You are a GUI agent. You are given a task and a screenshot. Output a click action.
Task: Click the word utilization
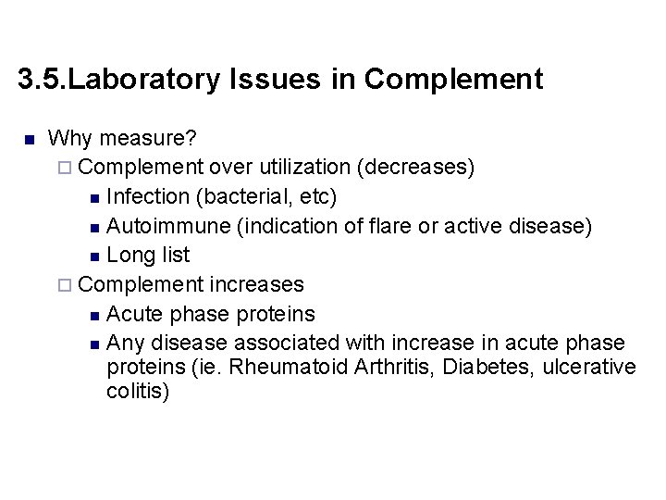coord(305,168)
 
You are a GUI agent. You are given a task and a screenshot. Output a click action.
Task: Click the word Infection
coord(146,197)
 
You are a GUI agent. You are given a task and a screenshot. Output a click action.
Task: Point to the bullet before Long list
coord(98,256)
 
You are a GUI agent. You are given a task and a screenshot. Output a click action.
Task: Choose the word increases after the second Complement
coord(257,284)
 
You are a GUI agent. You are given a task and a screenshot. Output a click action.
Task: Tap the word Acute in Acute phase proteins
coord(135,314)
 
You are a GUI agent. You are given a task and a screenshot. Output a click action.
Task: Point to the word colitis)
coord(139,392)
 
